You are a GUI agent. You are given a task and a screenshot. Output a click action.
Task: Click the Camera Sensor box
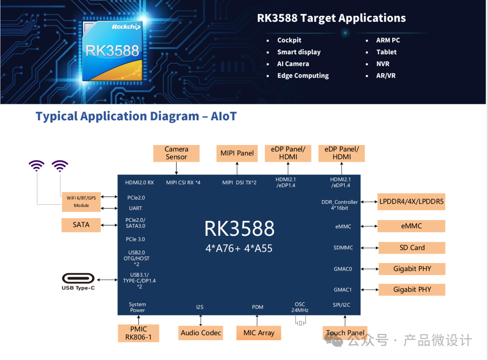click(176, 153)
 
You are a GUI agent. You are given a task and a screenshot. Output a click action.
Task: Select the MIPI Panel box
click(237, 153)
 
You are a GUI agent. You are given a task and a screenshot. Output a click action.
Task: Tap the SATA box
click(81, 224)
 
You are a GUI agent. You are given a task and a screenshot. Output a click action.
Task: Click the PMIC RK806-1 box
click(138, 333)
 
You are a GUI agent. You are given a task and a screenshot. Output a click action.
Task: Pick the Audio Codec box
click(201, 333)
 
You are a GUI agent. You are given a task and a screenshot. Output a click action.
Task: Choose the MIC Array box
click(258, 333)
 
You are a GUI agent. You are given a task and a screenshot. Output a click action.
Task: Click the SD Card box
click(412, 248)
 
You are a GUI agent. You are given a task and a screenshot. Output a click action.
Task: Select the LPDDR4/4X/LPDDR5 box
click(411, 201)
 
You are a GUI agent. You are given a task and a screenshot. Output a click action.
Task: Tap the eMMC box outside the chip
click(411, 226)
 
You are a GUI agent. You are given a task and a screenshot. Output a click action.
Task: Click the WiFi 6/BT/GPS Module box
click(81, 201)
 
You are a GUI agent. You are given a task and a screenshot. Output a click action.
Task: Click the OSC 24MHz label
click(300, 307)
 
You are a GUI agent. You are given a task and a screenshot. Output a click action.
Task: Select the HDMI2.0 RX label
click(140, 182)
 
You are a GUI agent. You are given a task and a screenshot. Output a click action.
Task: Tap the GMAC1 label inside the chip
click(343, 290)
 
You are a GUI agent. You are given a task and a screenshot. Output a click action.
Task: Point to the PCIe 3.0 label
click(136, 239)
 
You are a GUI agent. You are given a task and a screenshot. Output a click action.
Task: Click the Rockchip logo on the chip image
click(126, 27)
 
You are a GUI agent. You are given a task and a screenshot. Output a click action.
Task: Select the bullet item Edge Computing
click(303, 75)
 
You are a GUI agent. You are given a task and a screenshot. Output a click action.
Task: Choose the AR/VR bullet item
click(386, 75)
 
